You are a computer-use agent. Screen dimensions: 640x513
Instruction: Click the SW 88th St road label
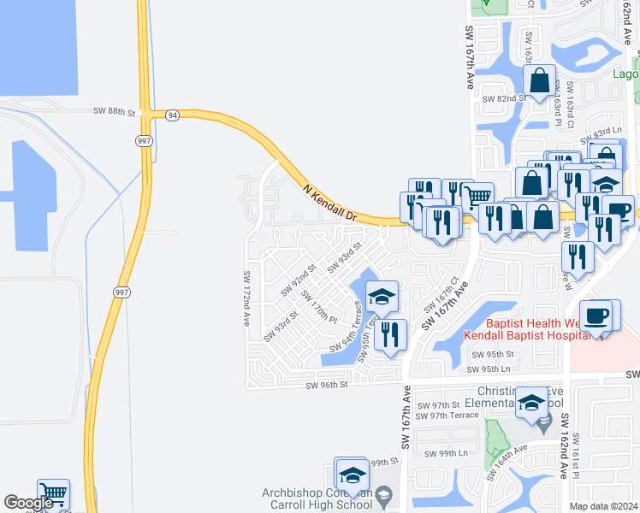coord(115,111)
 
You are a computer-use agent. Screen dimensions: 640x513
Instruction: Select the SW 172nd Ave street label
coord(246,299)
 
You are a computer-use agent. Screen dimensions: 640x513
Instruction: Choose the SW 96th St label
coord(327,385)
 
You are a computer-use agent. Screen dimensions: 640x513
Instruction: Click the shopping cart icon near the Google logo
coord(53,493)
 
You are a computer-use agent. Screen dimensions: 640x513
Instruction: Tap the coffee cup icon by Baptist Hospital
coord(597,315)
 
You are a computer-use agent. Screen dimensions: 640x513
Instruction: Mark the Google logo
coord(28,504)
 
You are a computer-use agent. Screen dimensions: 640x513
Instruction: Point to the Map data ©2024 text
coord(603,506)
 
